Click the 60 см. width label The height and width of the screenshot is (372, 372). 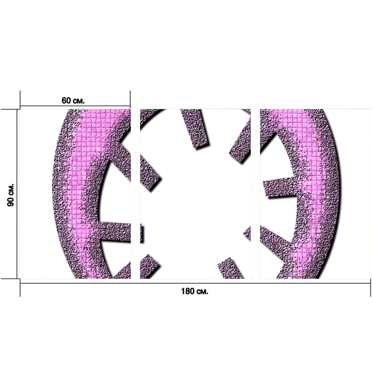pyautogui.click(x=73, y=100)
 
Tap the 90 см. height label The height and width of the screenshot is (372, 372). pyautogui.click(x=11, y=195)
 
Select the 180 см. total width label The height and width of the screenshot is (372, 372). pyautogui.click(x=195, y=291)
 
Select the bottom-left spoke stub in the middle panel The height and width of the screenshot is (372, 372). pyautogui.click(x=149, y=266)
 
